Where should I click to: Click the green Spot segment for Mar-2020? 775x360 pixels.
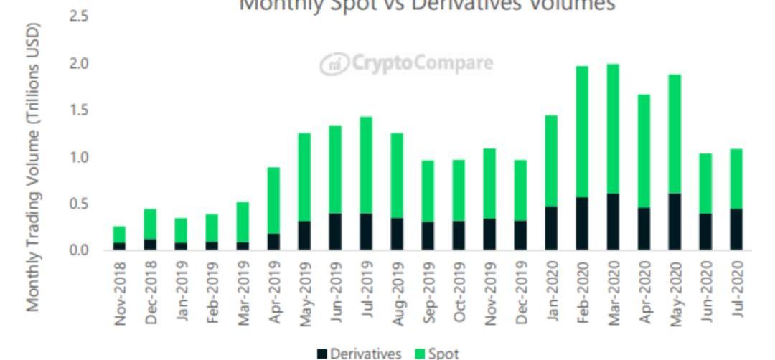click(x=613, y=129)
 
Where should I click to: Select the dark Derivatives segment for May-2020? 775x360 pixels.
click(x=675, y=222)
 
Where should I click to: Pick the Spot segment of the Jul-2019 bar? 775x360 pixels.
click(x=366, y=165)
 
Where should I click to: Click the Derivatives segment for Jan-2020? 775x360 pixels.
click(x=551, y=228)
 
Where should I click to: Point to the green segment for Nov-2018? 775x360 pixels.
click(x=119, y=235)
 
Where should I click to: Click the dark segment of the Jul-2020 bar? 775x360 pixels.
click(x=736, y=229)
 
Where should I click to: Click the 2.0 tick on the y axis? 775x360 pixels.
click(x=78, y=64)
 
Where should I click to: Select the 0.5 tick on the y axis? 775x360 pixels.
click(x=78, y=204)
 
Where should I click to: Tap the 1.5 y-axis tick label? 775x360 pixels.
click(x=78, y=110)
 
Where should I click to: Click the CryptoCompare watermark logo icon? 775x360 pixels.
click(x=332, y=64)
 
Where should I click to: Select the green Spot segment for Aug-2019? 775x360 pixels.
click(x=397, y=176)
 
